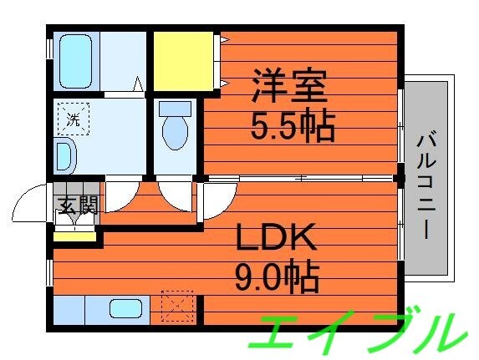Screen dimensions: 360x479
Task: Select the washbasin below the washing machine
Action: (x=64, y=155)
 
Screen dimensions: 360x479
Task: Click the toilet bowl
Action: (x=175, y=132)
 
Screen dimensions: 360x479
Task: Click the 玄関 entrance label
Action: (x=77, y=205)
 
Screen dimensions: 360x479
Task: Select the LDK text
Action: (x=275, y=241)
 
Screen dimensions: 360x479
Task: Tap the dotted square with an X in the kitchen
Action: (x=176, y=306)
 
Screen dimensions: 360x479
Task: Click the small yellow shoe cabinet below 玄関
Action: (x=74, y=235)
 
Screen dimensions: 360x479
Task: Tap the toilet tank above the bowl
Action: (x=174, y=108)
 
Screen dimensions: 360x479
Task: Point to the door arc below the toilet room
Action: (x=175, y=195)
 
